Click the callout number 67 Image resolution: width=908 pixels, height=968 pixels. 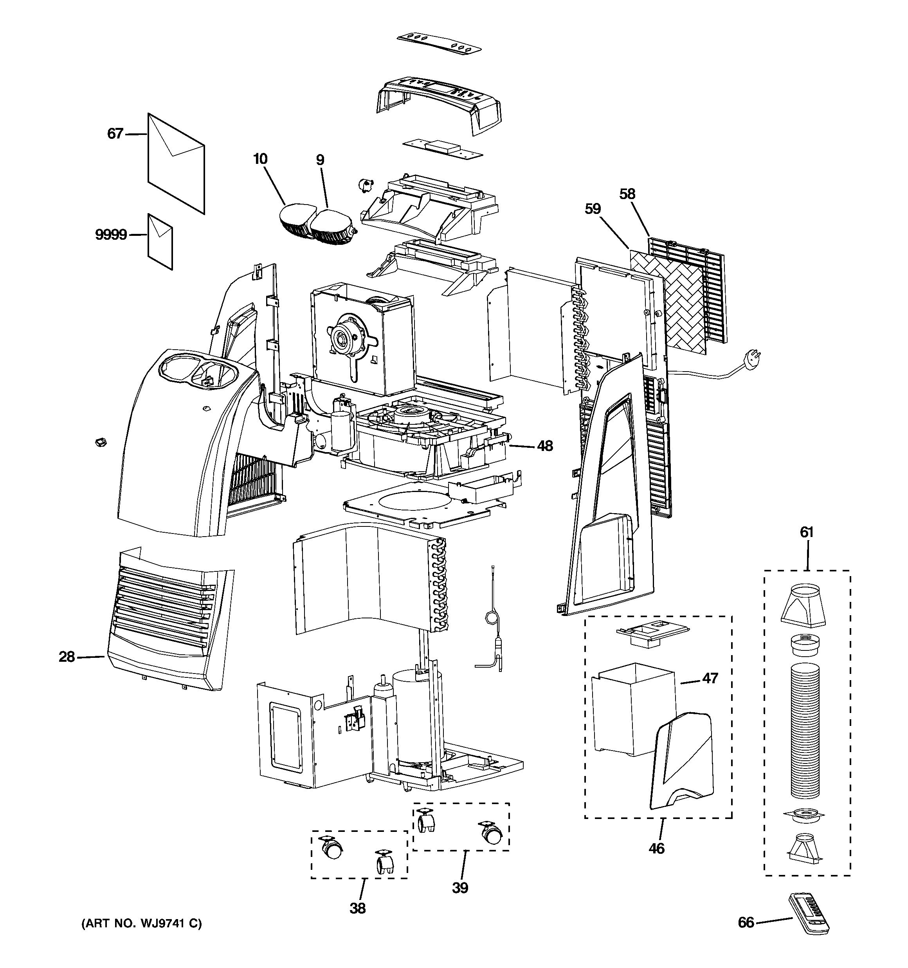[115, 133]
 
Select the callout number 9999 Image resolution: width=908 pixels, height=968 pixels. [111, 235]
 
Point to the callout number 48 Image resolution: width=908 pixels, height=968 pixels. [545, 445]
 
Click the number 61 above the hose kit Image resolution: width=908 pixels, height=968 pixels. [807, 532]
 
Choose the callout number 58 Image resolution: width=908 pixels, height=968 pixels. [627, 194]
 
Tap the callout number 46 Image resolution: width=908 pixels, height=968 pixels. [656, 848]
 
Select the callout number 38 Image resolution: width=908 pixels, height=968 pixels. [358, 908]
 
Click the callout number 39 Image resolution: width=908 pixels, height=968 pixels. [459, 888]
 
